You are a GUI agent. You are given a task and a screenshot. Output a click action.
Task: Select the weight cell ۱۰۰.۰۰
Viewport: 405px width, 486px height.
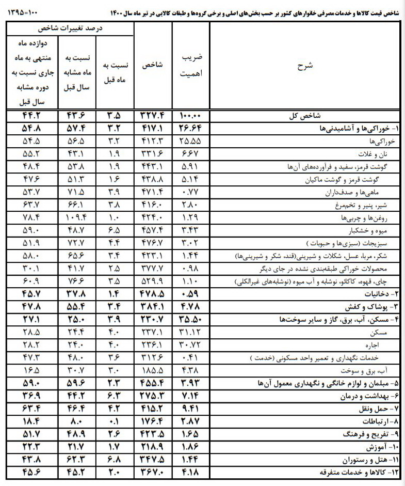(191, 116)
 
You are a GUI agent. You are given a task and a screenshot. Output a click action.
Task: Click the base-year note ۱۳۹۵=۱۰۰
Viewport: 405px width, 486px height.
(25, 10)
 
